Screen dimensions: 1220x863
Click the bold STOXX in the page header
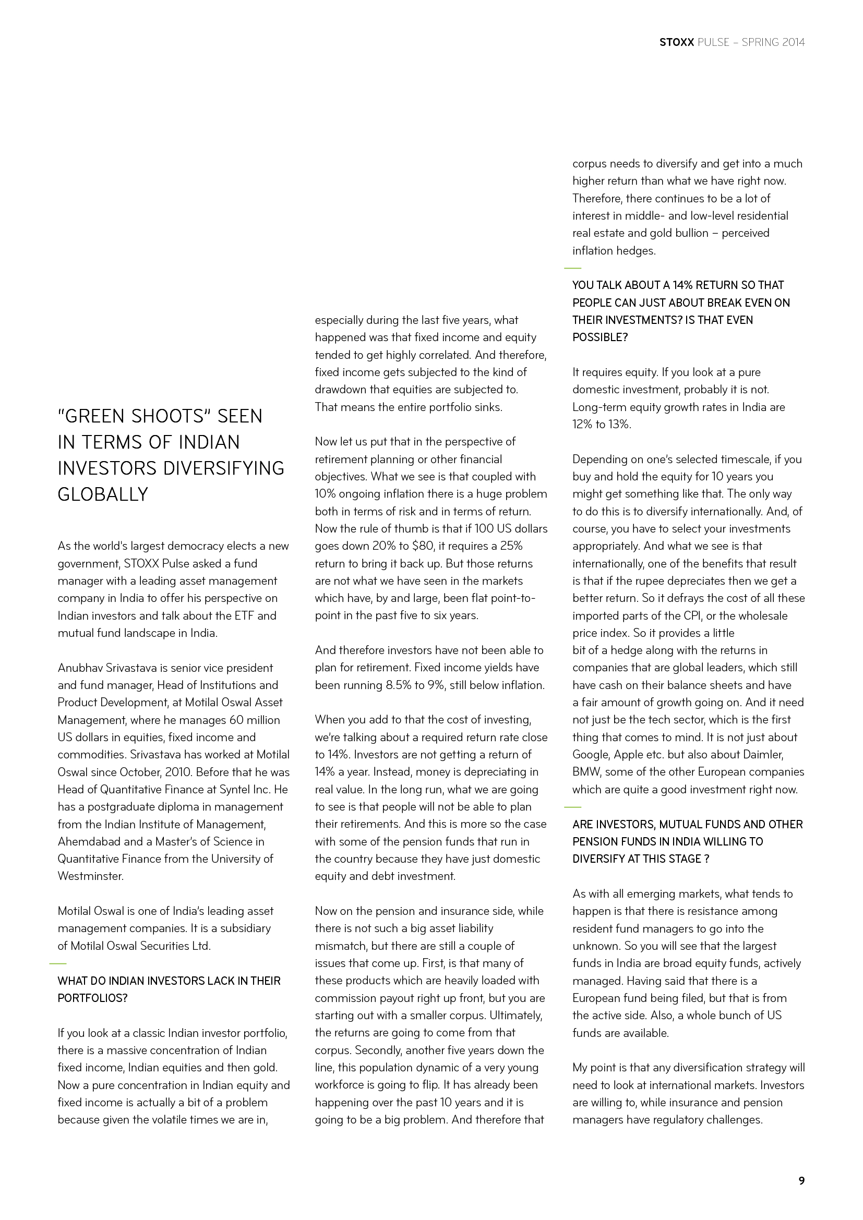[x=677, y=42]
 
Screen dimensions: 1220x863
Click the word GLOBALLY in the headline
[x=103, y=494]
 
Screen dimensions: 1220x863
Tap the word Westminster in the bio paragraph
[x=90, y=876]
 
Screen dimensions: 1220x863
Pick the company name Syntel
[x=241, y=790]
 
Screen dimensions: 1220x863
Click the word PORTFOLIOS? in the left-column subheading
[x=92, y=998]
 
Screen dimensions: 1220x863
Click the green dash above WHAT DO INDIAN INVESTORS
[x=58, y=963]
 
